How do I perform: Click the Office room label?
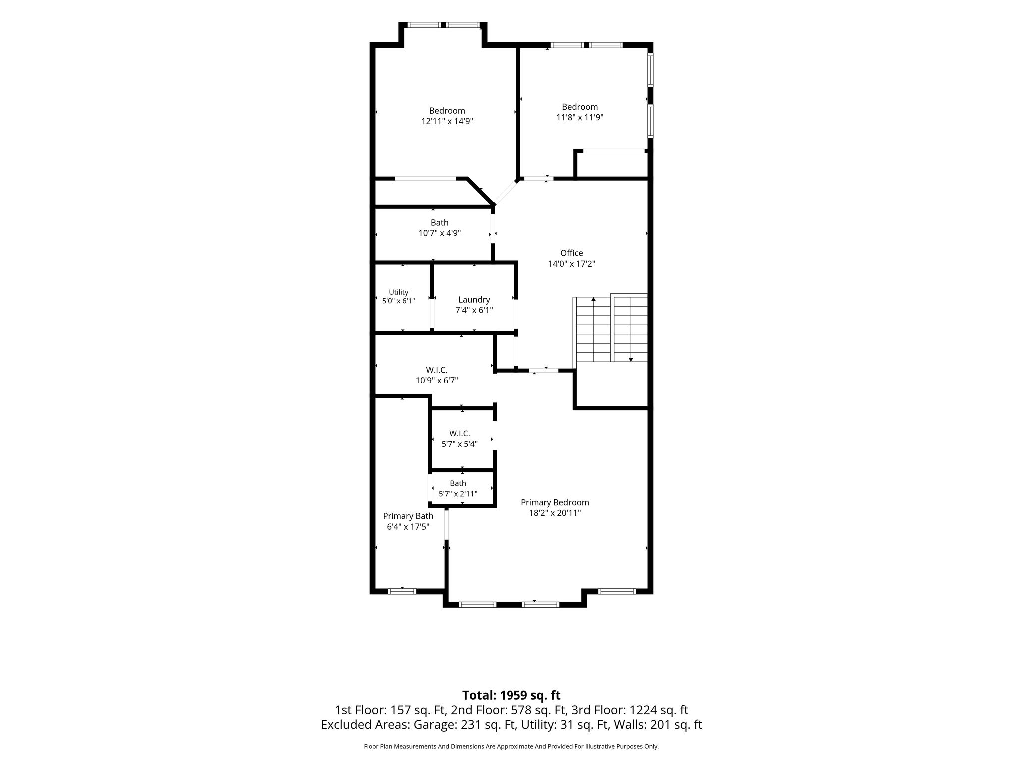572,253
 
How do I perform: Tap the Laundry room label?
474,300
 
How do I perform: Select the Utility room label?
399,292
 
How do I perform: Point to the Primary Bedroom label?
555,503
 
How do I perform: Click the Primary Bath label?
408,516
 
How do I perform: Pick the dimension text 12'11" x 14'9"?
447,121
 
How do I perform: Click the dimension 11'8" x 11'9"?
580,117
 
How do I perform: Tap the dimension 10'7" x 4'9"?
440,233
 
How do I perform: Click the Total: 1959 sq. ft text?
511,695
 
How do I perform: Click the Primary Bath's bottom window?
402,591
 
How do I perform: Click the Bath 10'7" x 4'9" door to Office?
493,229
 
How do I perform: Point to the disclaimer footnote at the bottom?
511,747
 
